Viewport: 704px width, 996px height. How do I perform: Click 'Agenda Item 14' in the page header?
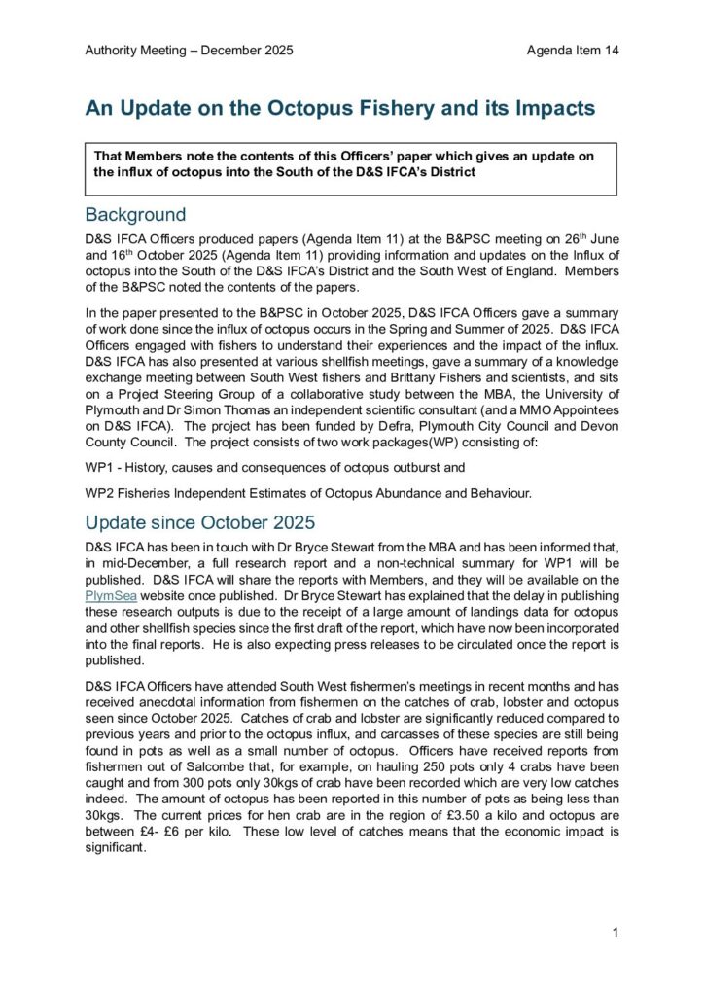point(573,50)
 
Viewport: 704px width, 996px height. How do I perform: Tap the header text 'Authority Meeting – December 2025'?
point(189,50)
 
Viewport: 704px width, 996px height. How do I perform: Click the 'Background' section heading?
point(135,214)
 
